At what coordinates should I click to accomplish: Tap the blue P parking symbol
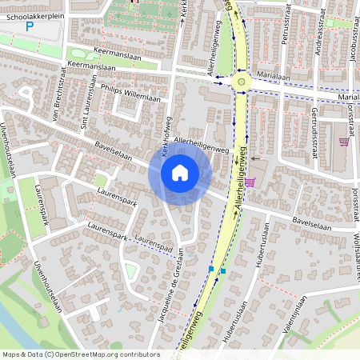30,27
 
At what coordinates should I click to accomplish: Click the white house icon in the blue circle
180,172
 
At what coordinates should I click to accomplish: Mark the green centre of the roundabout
241,80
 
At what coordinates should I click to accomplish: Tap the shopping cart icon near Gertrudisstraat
343,142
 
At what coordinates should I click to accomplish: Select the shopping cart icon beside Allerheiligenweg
250,182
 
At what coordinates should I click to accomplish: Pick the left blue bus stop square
211,270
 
